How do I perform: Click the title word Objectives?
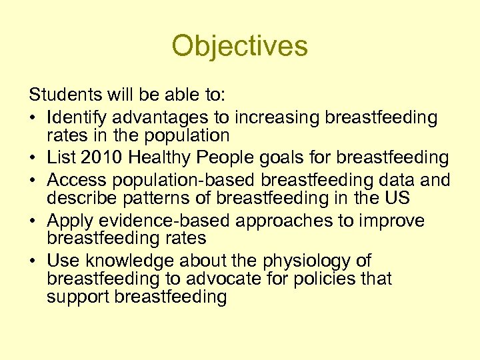coord(239,47)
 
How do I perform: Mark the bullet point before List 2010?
coord(36,159)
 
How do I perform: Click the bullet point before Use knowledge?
coord(36,261)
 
